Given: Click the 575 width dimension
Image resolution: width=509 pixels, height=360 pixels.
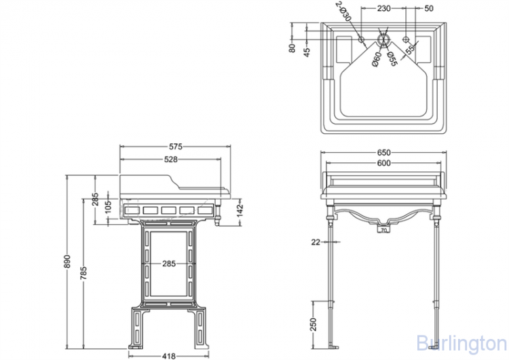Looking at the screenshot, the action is pos(175,147).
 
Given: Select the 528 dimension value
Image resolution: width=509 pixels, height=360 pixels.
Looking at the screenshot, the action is pos(171,159).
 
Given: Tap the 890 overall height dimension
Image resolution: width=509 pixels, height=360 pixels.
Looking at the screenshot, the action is pos(67,262).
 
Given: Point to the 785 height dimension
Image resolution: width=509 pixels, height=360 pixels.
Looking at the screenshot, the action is pos(83,273).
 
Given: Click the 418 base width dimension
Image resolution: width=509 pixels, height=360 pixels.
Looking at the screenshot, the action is pos(168,356).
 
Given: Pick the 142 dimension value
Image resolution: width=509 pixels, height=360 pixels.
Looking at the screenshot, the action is pos(240,211).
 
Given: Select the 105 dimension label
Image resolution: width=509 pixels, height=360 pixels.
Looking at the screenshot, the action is pos(108,206).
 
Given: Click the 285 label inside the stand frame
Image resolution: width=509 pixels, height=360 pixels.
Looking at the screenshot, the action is pos(169,264).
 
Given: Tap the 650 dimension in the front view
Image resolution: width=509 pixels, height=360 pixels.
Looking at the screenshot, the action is pos(383,152).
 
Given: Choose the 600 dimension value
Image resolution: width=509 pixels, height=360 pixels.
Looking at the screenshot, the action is pos(383,163).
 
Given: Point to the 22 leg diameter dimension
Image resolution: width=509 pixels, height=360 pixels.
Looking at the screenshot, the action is pos(316,242).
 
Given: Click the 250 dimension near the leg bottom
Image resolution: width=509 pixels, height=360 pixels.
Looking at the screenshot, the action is pos(313,324).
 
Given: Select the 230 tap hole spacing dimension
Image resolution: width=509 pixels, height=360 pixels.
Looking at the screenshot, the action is pos(383,8).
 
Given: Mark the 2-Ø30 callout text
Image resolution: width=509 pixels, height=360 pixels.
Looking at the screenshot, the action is pos(343,11).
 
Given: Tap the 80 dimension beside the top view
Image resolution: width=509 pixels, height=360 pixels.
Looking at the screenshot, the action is pos(292,48).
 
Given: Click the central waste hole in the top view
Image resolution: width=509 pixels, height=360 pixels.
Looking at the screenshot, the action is pos(383,39).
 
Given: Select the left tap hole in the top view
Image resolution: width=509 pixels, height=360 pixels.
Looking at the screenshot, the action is pos(361,39).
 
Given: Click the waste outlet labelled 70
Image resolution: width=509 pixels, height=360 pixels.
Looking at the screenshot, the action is pos(383,230).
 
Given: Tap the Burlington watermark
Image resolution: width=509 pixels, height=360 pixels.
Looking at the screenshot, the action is pos(461,343).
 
